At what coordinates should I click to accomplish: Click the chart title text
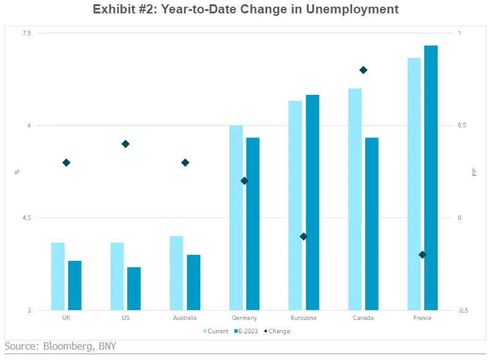(x=245, y=9)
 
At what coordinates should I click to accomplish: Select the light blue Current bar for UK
(x=58, y=277)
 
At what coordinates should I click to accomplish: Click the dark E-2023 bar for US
(x=134, y=289)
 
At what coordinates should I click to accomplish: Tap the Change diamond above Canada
(x=363, y=70)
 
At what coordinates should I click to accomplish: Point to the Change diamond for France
(x=422, y=255)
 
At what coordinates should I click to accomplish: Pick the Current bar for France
(x=414, y=184)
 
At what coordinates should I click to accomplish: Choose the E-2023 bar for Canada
(x=372, y=224)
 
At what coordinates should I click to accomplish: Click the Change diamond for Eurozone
(x=304, y=237)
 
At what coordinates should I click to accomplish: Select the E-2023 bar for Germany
(x=253, y=224)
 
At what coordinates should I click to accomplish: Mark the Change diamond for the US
(x=125, y=144)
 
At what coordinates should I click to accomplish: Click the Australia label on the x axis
(x=184, y=318)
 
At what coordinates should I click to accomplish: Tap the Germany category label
(x=244, y=318)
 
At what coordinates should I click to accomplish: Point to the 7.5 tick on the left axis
(x=27, y=33)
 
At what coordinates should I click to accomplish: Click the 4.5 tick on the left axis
(x=27, y=218)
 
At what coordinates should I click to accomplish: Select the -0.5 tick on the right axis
(x=463, y=310)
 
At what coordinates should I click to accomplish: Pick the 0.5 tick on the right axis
(x=462, y=125)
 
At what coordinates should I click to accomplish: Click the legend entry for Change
(x=277, y=331)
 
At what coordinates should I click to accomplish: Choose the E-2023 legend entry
(x=246, y=331)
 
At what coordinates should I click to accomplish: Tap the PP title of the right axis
(x=475, y=172)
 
